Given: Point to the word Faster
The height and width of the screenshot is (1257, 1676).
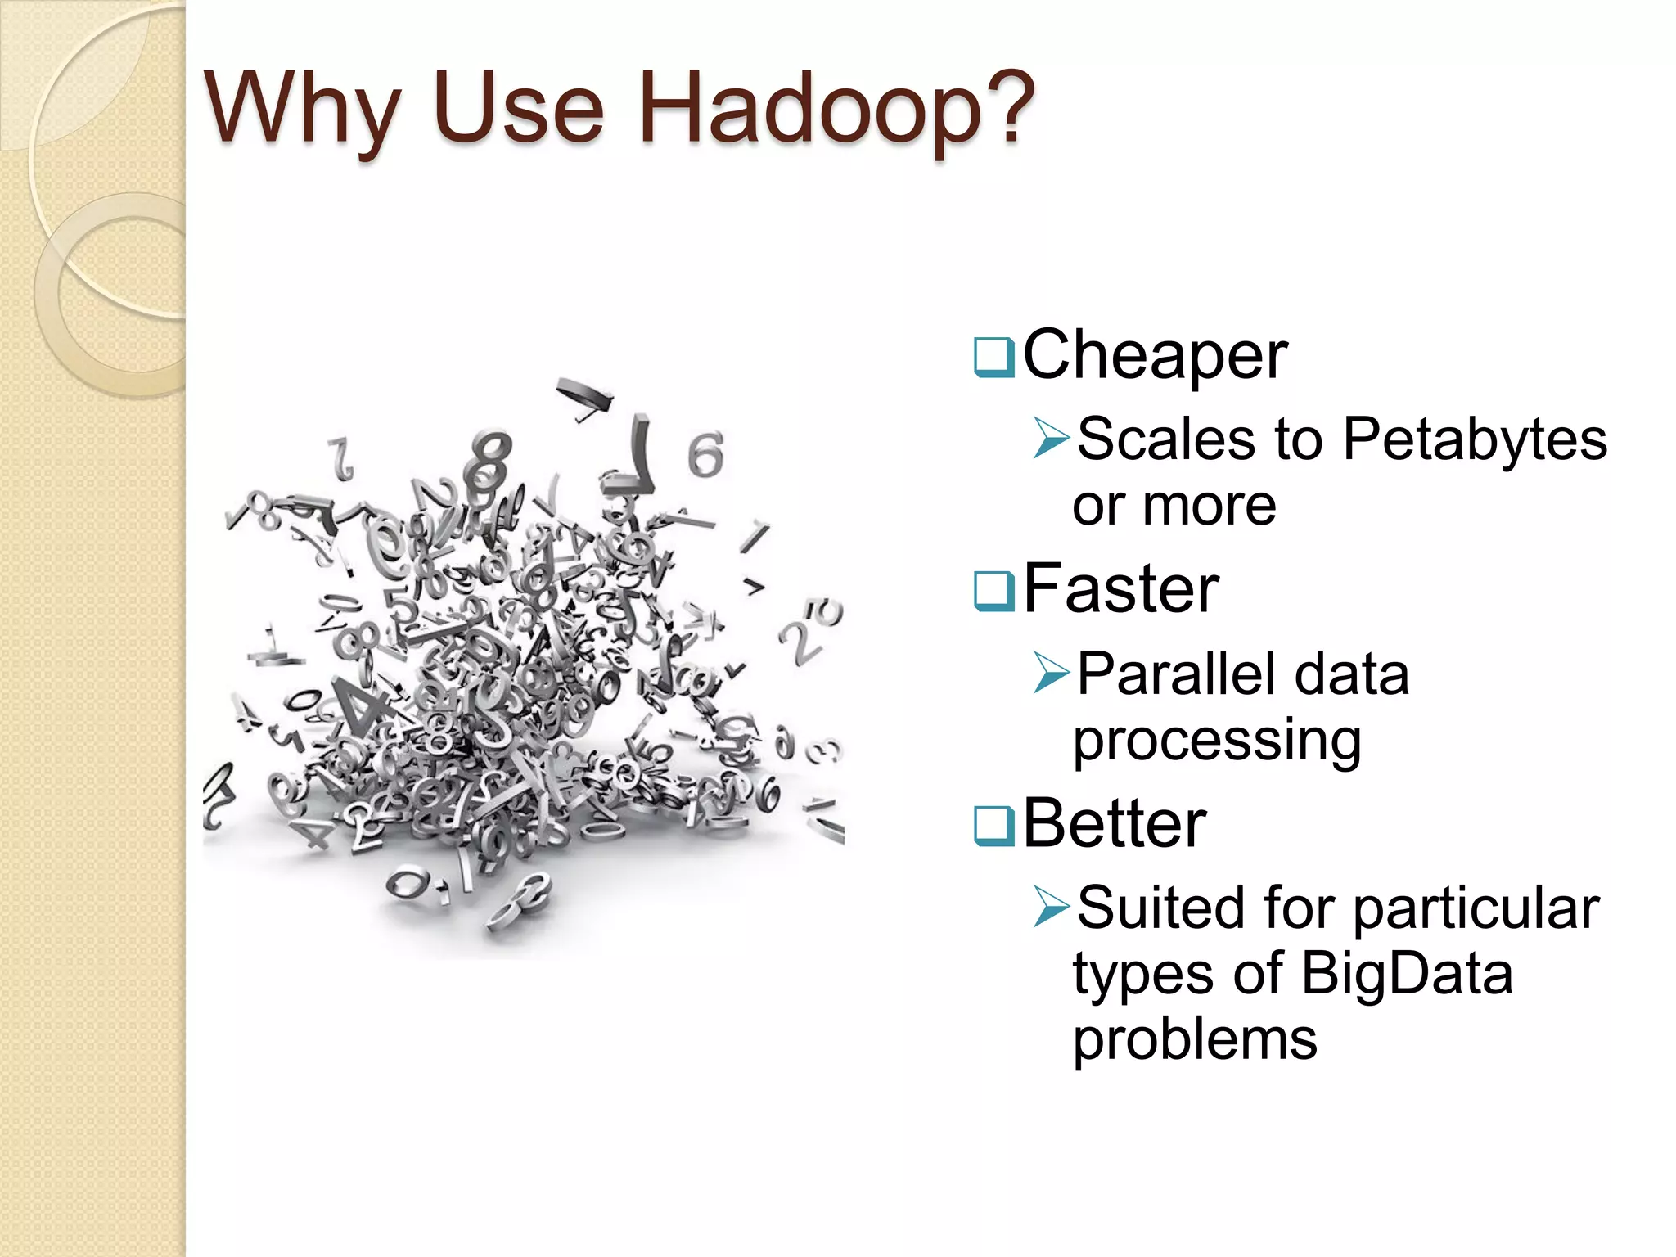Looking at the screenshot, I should click(x=1121, y=589).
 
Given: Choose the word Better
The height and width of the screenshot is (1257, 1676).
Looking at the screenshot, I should click(x=1115, y=824).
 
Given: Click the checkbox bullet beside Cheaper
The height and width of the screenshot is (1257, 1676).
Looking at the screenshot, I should click(x=994, y=358).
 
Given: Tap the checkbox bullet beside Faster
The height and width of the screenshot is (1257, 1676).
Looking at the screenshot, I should click(x=994, y=591).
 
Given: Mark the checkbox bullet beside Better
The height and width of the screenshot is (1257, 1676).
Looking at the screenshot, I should click(x=994, y=826).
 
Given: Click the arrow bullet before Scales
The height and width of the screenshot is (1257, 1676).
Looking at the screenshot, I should click(x=1052, y=437).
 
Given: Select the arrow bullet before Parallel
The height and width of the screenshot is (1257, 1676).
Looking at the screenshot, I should click(x=1052, y=673).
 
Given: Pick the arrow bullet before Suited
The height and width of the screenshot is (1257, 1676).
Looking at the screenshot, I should click(x=1052, y=907).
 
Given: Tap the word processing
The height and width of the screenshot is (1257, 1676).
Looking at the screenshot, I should click(x=1217, y=741).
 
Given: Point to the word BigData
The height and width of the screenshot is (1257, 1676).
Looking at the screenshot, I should click(x=1406, y=975).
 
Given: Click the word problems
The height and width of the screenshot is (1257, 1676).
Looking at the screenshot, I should click(x=1195, y=1041).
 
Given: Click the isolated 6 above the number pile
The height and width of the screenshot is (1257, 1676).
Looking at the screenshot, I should click(x=705, y=455).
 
